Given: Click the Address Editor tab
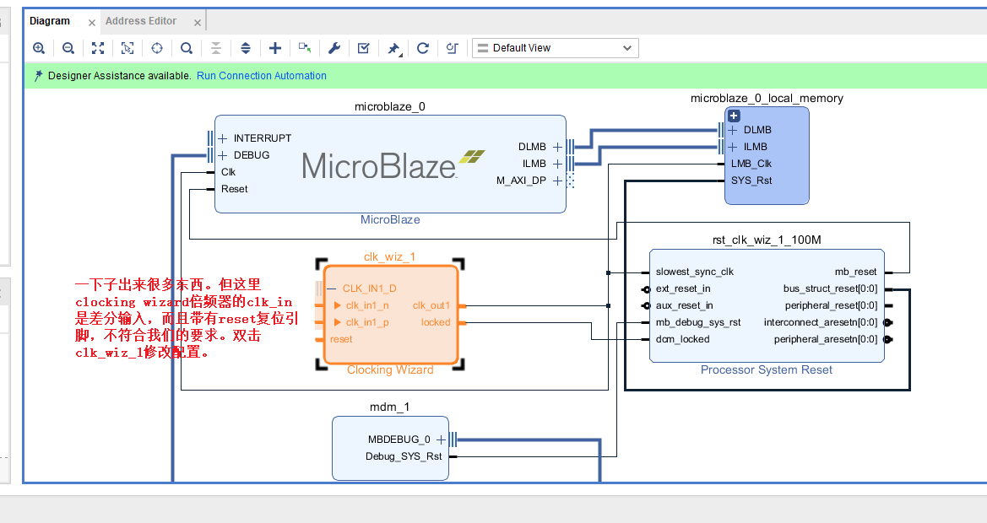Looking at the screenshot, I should (141, 21).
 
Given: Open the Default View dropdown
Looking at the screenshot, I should (555, 48).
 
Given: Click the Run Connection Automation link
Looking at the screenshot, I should (261, 76).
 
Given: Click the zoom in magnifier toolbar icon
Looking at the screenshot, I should (39, 48).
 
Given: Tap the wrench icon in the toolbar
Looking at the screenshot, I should (334, 48).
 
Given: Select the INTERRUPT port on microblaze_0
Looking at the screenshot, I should (262, 138).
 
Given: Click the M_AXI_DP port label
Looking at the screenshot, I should (521, 181).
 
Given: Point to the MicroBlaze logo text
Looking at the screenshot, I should (379, 165).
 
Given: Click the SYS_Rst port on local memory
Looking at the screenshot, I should (751, 181).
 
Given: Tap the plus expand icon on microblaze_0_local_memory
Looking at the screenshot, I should (734, 116).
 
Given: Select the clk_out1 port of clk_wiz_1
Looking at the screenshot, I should (431, 305).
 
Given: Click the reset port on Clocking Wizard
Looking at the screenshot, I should (341, 339).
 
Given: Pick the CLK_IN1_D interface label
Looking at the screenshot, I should (369, 288).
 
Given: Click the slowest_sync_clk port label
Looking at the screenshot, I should (694, 272).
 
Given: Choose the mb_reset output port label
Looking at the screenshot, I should (855, 272).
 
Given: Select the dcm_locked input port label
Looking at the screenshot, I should (682, 339).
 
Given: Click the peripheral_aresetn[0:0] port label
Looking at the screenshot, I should (825, 339).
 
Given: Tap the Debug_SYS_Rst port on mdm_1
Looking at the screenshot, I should (403, 456).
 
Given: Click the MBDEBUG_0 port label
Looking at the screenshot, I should (399, 439).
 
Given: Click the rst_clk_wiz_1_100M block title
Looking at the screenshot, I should (767, 240).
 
